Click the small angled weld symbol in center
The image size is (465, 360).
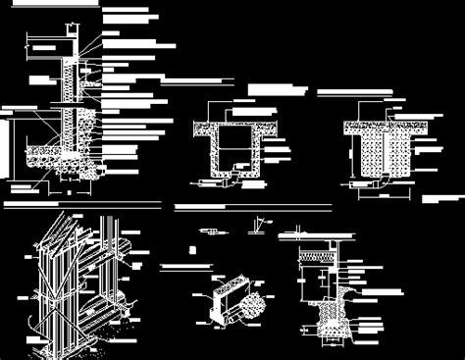258,227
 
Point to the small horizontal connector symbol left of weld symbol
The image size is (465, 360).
208,231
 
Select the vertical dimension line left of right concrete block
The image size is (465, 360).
354,157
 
